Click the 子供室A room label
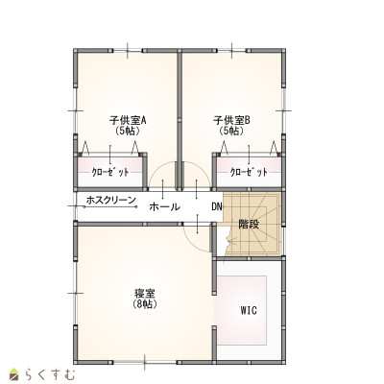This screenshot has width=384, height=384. coord(128,121)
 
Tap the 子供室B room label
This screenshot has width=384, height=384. coord(231,121)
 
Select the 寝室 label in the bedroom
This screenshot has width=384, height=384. coord(145,294)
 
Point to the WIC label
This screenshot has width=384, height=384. coord(249,310)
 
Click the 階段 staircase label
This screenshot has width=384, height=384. coord(249,225)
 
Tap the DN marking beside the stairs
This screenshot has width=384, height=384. coord(217,206)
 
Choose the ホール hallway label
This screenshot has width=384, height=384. coord(164,206)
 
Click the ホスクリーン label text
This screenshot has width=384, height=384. coord(111,201)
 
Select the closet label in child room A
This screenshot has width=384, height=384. coord(110,173)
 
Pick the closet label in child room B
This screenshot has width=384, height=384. coord(249,173)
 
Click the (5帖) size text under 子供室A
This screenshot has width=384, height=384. coord(128,131)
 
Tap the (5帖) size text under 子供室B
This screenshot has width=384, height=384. coord(231,131)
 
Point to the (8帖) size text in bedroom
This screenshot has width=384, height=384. coord(145,304)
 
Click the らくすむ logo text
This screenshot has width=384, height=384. coord(50,374)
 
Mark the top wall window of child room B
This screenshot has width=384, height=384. coord(231,51)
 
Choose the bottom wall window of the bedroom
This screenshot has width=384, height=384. coord(145,363)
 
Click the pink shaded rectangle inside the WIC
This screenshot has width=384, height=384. coord(242,310)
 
